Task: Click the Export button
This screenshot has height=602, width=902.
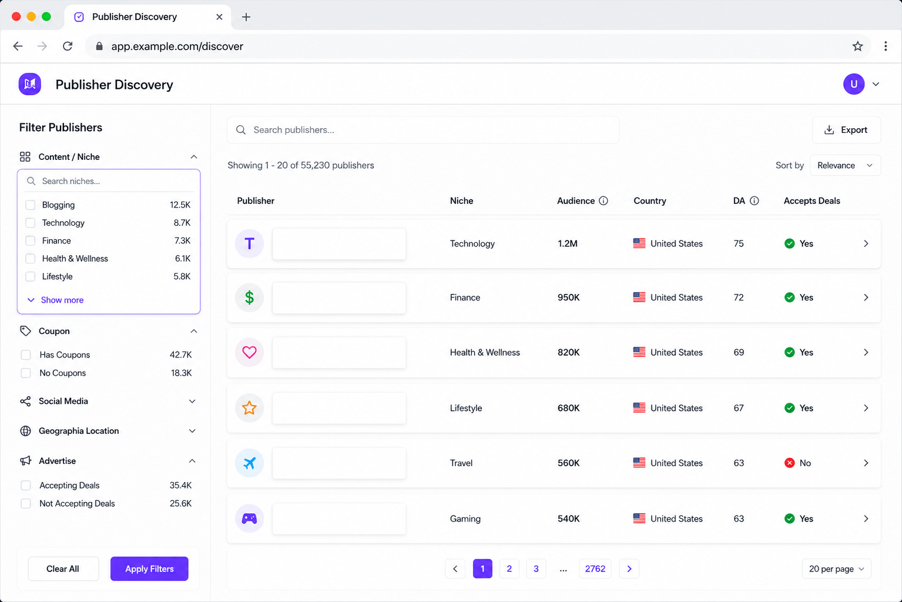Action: click(846, 130)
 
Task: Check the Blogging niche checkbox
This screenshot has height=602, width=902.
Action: click(30, 205)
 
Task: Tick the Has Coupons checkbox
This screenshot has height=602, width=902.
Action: click(26, 354)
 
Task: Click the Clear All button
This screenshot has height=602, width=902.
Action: click(63, 568)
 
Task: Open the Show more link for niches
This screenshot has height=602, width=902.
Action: click(62, 300)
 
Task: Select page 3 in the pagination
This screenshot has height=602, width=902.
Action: click(536, 568)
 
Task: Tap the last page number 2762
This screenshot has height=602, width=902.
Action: click(595, 568)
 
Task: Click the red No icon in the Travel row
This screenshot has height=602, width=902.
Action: click(789, 463)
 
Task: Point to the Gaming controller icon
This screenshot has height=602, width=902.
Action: click(249, 518)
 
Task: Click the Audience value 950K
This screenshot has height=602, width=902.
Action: click(568, 297)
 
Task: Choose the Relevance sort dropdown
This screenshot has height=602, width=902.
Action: click(845, 165)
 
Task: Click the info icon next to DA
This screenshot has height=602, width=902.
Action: click(755, 200)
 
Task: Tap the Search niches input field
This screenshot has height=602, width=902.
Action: click(109, 181)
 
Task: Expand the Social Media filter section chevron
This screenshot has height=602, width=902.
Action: click(192, 402)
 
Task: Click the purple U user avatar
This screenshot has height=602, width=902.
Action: click(854, 84)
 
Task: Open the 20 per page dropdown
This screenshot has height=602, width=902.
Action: click(836, 568)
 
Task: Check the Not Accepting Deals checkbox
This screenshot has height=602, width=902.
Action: click(26, 503)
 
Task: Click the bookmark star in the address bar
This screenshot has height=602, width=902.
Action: click(857, 46)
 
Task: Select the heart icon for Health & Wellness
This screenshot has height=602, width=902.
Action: click(249, 352)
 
